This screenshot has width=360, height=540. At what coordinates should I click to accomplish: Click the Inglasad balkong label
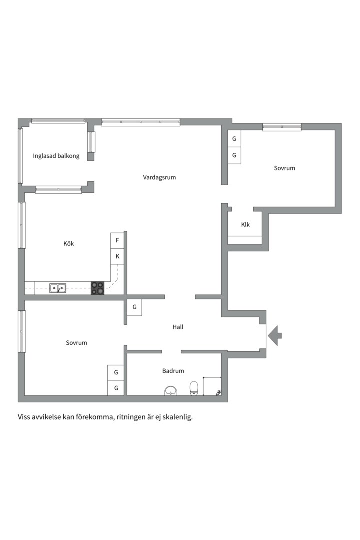tap(56, 156)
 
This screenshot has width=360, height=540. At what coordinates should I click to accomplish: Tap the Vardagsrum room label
tap(159, 177)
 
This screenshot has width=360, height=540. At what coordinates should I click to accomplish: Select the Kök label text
tap(68, 244)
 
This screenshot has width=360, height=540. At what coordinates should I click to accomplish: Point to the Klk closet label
tap(245, 225)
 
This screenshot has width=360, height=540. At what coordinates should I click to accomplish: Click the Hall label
tap(178, 327)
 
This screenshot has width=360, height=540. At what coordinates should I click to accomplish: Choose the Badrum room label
tap(173, 371)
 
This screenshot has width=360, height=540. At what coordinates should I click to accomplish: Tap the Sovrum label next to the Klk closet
tap(284, 168)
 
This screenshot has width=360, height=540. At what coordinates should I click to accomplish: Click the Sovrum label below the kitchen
tap(76, 343)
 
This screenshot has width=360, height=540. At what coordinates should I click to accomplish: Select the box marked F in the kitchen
tap(117, 240)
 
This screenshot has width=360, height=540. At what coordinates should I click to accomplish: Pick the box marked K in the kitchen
tap(117, 257)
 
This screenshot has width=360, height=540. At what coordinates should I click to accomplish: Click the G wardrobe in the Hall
tap(134, 307)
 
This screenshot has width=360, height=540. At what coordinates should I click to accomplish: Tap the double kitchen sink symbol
tap(57, 288)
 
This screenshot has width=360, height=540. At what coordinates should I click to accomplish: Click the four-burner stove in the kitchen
tap(97, 288)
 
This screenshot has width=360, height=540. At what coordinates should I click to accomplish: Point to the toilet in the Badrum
tap(194, 388)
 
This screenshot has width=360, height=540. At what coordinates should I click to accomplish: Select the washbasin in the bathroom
tap(171, 390)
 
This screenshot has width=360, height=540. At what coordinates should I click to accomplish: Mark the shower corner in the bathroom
tap(212, 386)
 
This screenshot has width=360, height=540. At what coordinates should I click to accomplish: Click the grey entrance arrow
tap(275, 335)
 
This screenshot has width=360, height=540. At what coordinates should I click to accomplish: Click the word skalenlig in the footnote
tap(177, 416)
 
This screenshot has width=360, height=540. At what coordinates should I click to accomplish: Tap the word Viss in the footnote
tap(25, 416)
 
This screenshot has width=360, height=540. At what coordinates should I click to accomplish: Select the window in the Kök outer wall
tap(21, 225)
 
